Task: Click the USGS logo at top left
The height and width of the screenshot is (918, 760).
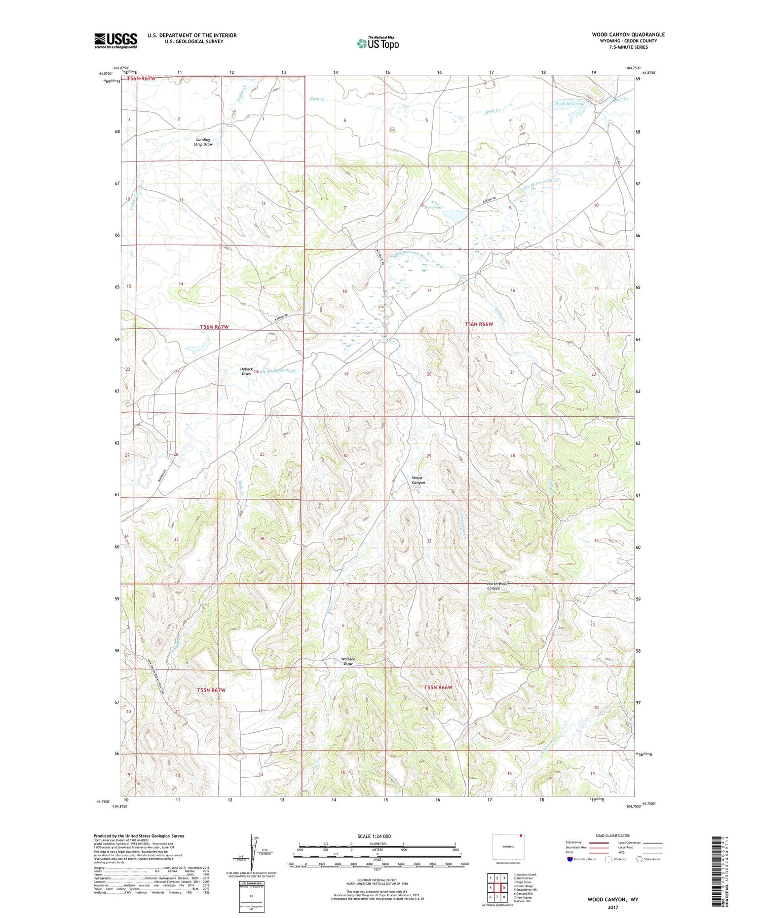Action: click(x=116, y=41)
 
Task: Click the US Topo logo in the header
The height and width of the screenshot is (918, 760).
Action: click(x=378, y=44)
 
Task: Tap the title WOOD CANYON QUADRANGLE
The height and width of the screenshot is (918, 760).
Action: click(x=628, y=34)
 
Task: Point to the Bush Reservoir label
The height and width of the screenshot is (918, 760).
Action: click(x=570, y=104)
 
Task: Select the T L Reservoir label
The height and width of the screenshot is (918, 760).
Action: click(x=434, y=205)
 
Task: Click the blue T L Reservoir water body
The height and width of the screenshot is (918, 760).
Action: click(x=455, y=216)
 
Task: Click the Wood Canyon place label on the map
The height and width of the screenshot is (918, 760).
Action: click(x=418, y=480)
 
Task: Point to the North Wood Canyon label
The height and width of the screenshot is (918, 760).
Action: click(x=498, y=586)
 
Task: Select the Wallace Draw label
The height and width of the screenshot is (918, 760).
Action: click(x=348, y=661)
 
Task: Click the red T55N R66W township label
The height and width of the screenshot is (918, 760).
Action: click(x=437, y=687)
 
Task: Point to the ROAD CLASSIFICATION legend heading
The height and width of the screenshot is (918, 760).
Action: click(x=613, y=835)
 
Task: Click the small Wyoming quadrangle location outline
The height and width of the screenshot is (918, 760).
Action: click(x=508, y=846)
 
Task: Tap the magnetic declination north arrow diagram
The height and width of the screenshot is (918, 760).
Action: click(x=253, y=848)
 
